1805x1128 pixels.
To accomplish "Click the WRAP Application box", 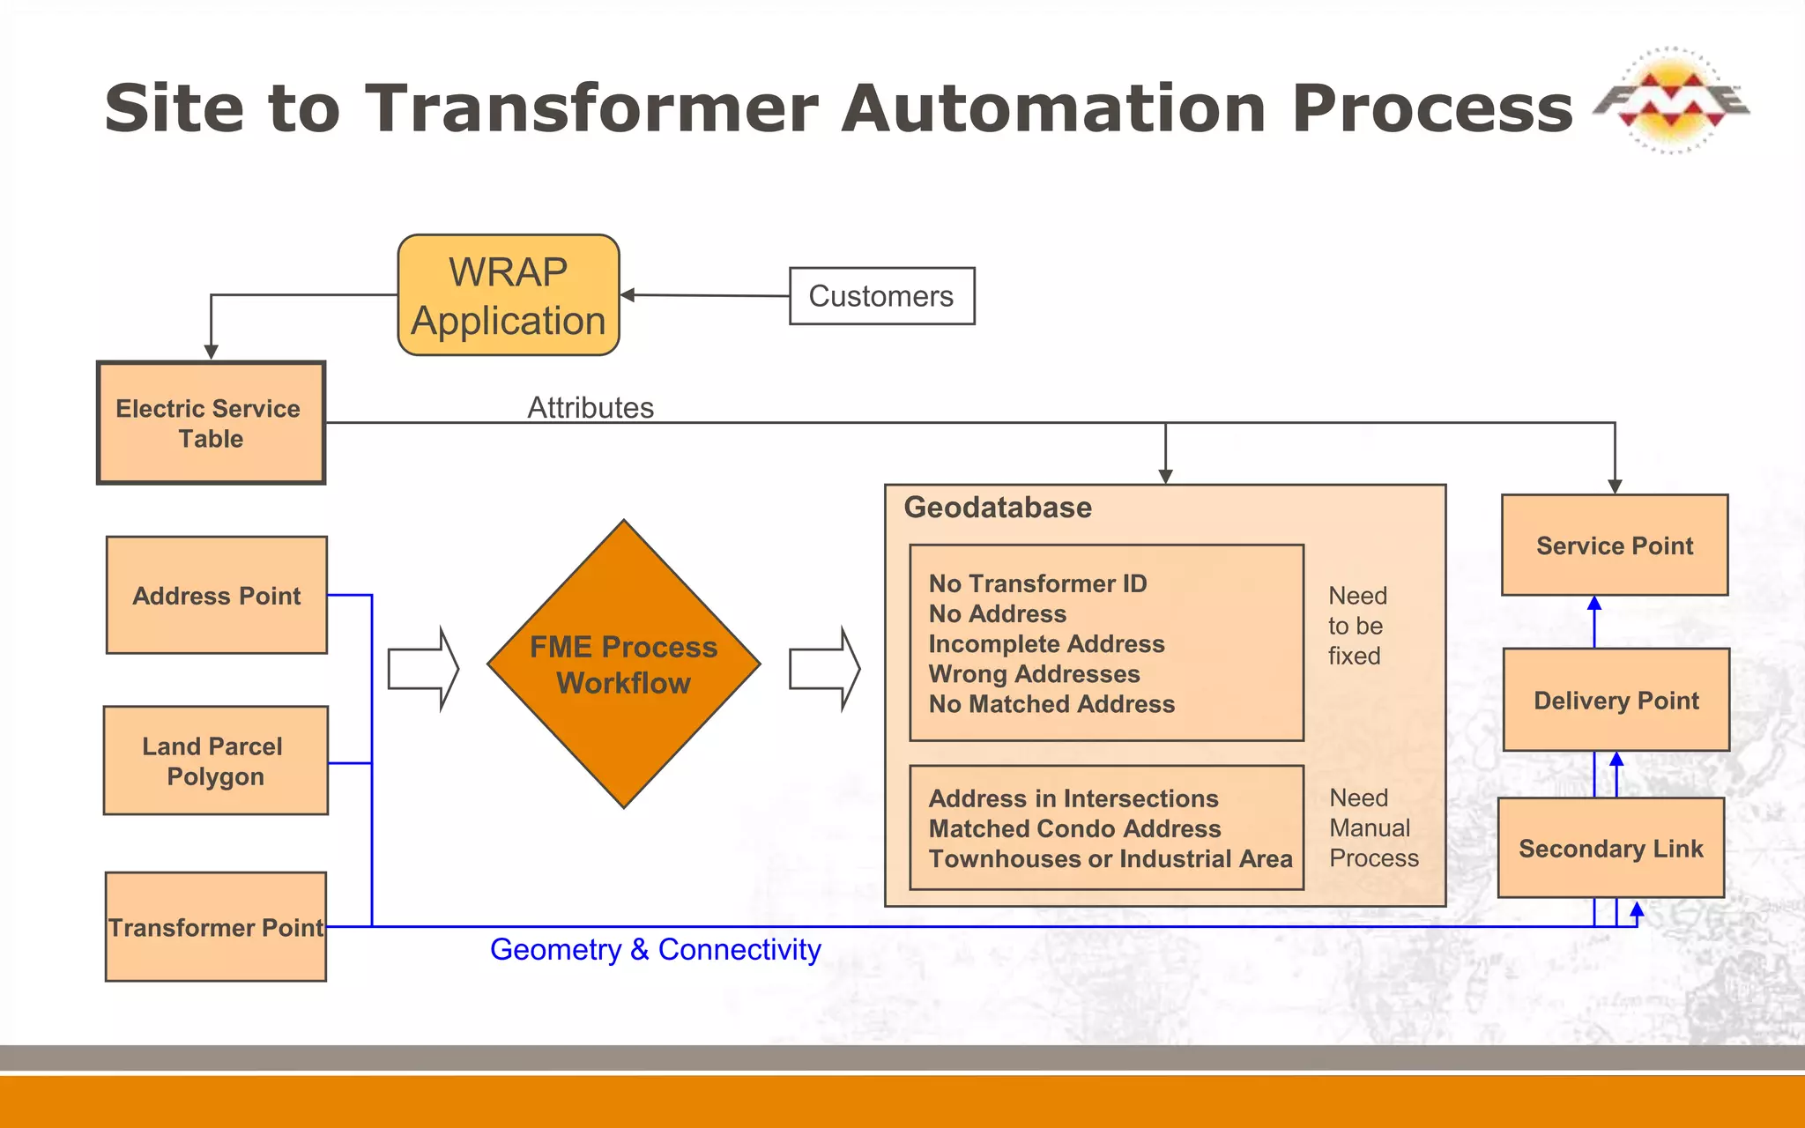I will pos(509,295).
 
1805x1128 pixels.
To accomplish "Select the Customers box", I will pos(881,296).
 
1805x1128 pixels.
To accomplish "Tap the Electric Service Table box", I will pos(211,423).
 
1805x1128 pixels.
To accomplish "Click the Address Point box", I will pos(217,596).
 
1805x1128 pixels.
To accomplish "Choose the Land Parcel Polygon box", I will pos(215,761).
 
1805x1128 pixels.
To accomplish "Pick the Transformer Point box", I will pos(215,927).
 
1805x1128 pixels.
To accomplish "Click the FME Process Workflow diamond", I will pos(624,664).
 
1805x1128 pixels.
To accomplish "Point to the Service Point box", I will pos(1615,545).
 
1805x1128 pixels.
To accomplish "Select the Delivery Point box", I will pos(1616,701).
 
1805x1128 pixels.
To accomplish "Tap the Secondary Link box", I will pos(1610,849).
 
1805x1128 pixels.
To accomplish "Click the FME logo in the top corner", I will pos(1670,100).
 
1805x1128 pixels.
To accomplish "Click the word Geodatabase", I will pos(998,508).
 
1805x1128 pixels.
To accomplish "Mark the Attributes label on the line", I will pos(591,408).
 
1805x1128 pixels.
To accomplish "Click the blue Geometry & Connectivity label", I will pos(655,950).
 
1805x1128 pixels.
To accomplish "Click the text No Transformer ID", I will pos(1037,583).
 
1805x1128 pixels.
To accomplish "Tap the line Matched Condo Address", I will pos(1074,828).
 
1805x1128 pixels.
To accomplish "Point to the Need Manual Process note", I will pos(1372,827).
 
